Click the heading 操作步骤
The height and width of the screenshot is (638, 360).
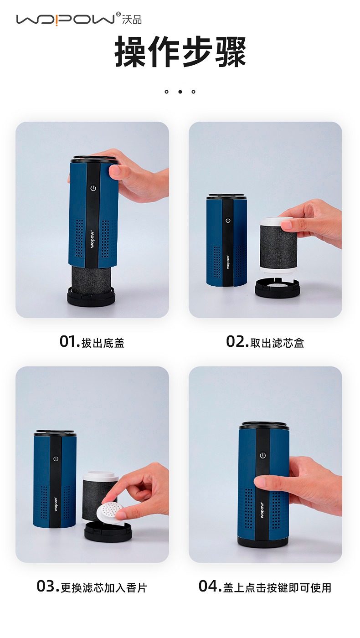coord(180,52)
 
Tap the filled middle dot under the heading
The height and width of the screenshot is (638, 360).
coord(180,92)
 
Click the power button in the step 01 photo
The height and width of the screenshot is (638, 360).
coord(93,188)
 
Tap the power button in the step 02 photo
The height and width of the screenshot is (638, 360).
coord(228,221)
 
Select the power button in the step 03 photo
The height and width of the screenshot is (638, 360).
coord(56,458)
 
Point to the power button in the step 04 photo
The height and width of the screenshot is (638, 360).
coord(262,455)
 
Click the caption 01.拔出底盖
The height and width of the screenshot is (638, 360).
coord(92,342)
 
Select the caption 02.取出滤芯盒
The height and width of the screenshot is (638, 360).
coord(265,342)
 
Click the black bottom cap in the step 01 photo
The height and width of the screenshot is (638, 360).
coord(91,297)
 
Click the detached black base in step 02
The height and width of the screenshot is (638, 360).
coord(277,288)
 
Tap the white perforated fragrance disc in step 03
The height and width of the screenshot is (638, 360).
coord(110,511)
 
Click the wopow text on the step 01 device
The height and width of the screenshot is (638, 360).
coord(92,238)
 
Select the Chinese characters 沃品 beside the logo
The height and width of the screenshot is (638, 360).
coord(132,20)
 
